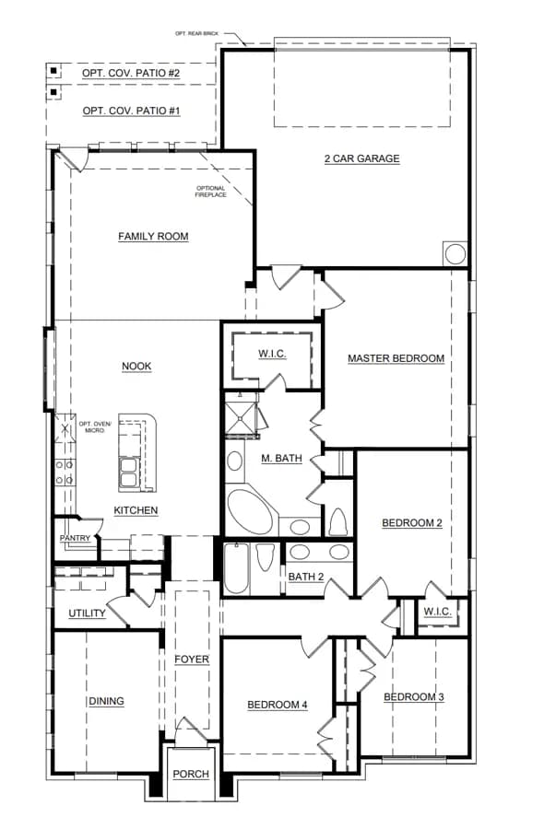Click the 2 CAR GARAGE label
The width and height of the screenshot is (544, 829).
tap(362, 158)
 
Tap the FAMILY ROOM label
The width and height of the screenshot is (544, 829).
tap(153, 237)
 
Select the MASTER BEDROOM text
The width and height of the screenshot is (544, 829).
tap(396, 358)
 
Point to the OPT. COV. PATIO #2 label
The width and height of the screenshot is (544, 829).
tap(131, 73)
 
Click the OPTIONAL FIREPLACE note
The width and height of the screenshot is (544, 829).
tap(210, 192)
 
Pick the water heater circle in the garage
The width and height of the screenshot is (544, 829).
tap(455, 254)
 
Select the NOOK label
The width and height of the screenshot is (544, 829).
tap(136, 367)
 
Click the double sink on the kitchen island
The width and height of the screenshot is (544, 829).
tap(128, 473)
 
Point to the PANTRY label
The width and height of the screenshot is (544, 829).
tap(75, 538)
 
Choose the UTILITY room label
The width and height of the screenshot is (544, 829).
tap(88, 613)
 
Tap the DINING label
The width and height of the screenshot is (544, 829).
tap(106, 702)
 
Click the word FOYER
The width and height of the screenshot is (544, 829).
tap(192, 660)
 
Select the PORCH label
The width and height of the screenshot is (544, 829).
tap(191, 774)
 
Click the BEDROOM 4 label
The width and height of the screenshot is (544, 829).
tap(278, 705)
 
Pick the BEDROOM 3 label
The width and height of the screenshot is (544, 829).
tap(414, 697)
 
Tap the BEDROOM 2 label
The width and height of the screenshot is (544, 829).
tap(412, 523)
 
